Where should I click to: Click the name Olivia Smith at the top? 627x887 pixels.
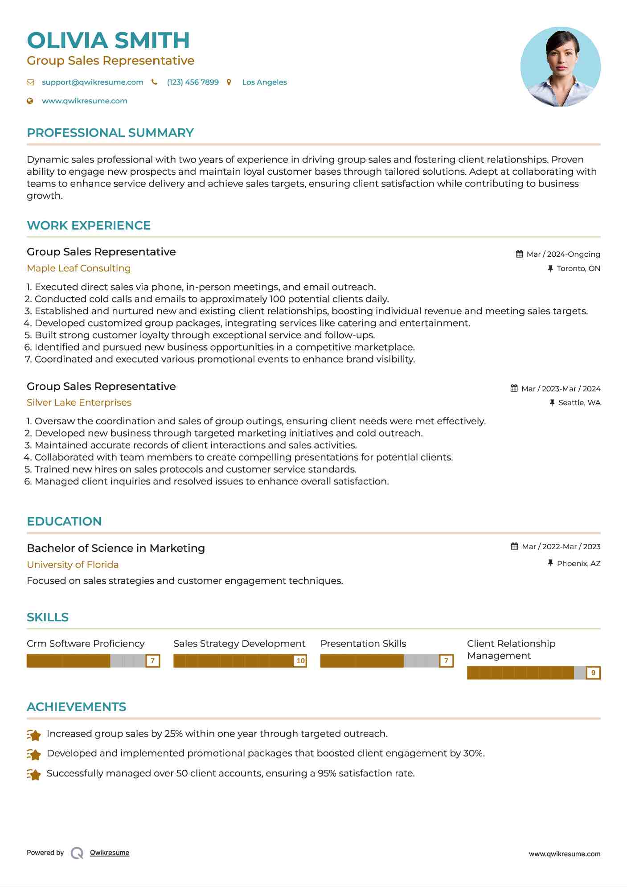pyautogui.click(x=108, y=41)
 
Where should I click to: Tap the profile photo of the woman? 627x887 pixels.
pyautogui.click(x=560, y=67)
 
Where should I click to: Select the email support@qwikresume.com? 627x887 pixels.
pyautogui.click(x=92, y=82)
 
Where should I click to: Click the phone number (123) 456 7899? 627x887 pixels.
pyautogui.click(x=193, y=82)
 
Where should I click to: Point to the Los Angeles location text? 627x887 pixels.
pyautogui.click(x=264, y=82)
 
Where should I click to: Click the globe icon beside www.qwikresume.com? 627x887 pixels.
pyautogui.click(x=30, y=101)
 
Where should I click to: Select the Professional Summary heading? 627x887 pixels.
pyautogui.click(x=110, y=133)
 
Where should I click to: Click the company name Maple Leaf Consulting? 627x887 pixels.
pyautogui.click(x=78, y=268)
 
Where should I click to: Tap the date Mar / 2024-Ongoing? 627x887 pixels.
pyautogui.click(x=563, y=254)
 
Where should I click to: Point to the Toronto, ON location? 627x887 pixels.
pyautogui.click(x=578, y=268)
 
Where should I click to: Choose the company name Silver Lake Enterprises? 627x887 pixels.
pyautogui.click(x=79, y=402)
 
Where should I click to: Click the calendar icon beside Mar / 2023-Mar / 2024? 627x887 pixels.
pyautogui.click(x=514, y=388)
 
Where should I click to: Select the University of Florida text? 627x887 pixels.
pyautogui.click(x=73, y=565)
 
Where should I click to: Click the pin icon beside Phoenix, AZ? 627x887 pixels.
pyautogui.click(x=550, y=563)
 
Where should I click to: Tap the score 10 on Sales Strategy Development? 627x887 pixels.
pyautogui.click(x=300, y=661)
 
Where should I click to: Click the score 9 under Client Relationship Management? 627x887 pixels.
pyautogui.click(x=593, y=673)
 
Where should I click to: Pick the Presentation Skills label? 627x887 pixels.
pyautogui.click(x=363, y=644)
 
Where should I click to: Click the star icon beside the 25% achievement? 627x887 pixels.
pyautogui.click(x=34, y=735)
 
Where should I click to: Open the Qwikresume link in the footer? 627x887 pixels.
pyautogui.click(x=109, y=853)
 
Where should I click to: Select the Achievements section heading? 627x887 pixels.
pyautogui.click(x=76, y=707)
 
